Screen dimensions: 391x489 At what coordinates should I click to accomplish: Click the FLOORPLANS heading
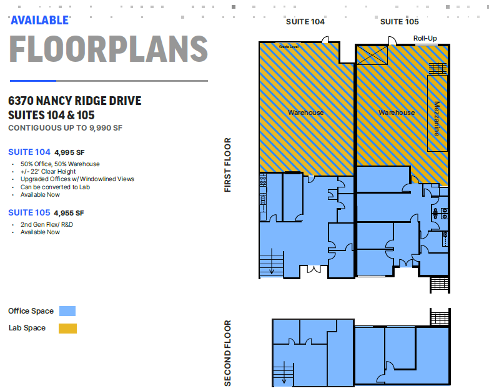108,49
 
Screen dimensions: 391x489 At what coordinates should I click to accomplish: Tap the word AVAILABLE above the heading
39,20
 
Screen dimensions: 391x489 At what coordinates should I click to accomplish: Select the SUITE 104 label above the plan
305,21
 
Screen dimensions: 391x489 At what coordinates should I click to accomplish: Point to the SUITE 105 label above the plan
400,21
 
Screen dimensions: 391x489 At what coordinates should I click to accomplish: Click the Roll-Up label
425,38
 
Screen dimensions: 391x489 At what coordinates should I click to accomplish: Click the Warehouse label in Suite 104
306,112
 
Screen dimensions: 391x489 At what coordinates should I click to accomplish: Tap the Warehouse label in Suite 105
397,112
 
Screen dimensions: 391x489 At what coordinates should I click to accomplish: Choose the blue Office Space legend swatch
67,311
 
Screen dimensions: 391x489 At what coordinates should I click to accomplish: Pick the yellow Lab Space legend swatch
67,328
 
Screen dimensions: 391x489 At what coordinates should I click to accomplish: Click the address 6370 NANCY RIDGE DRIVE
74,101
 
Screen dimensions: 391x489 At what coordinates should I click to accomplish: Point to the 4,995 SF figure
69,152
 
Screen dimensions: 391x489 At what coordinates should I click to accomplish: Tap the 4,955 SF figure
69,213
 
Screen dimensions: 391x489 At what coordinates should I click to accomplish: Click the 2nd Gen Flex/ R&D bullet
46,224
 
